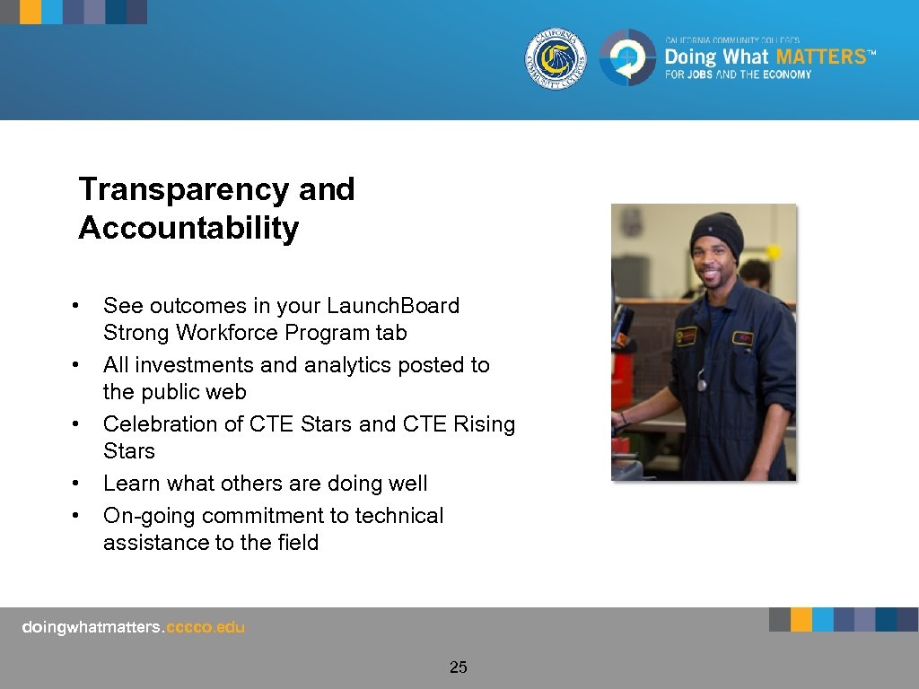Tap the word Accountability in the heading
coord(188,229)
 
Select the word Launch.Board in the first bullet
coord(393,306)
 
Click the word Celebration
coord(167,423)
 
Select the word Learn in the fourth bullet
coord(130,484)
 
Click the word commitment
coord(277,516)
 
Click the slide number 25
coord(459,667)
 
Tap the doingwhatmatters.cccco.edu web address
coord(133,627)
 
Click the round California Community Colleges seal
coord(556,59)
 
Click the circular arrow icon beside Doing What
coord(628,58)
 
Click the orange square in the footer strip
coord(801,620)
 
